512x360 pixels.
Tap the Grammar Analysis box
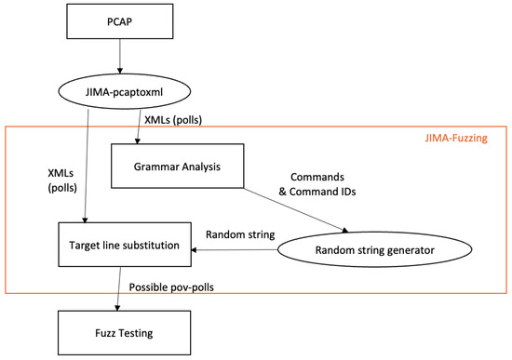click(177, 168)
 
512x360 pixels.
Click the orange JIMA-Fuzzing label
click(457, 139)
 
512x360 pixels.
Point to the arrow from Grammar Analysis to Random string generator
click(298, 207)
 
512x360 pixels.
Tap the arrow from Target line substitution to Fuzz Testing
click(119, 291)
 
